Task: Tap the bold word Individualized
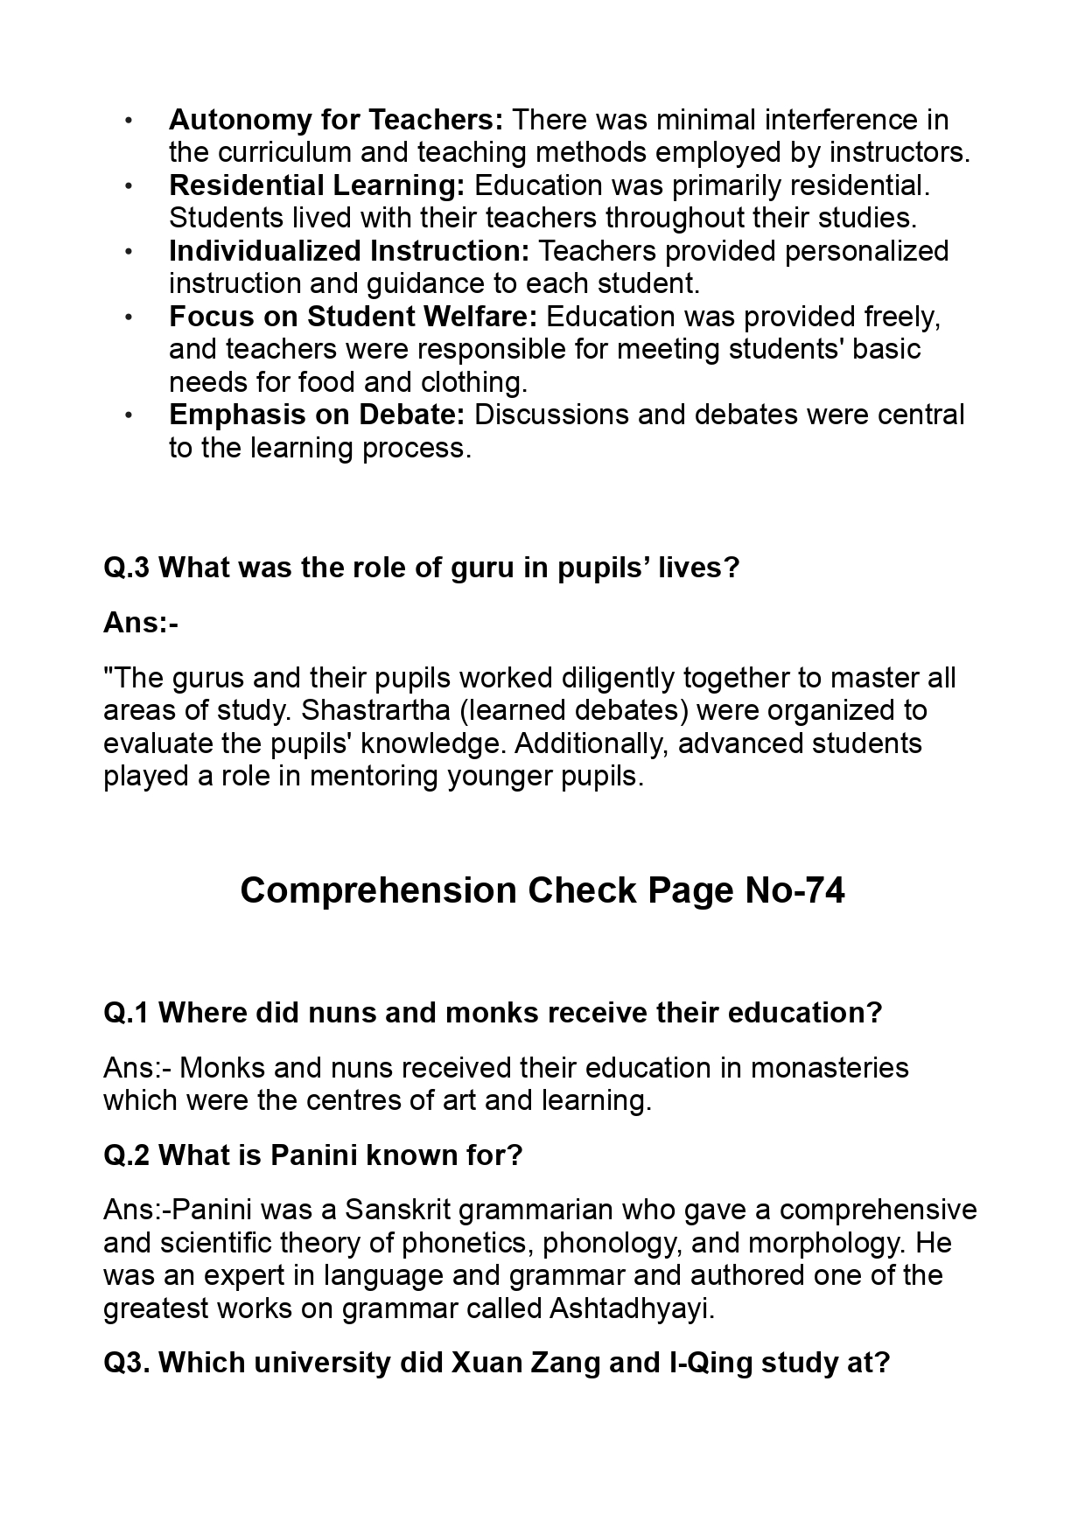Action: coord(265,251)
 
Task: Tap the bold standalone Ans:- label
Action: coord(141,623)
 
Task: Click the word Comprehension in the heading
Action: coord(378,890)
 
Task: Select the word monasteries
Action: coord(829,1068)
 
